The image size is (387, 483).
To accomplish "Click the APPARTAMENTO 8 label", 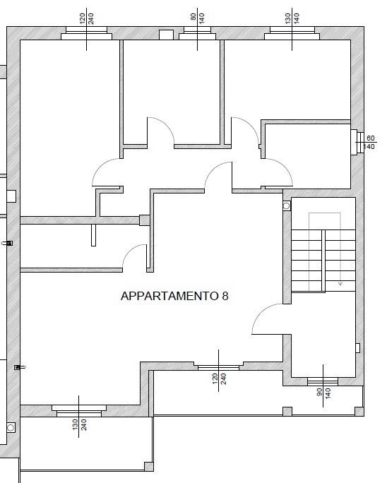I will [x=174, y=297].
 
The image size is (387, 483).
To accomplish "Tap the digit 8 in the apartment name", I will [x=225, y=297].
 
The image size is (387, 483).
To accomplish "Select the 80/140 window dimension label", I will [x=198, y=18].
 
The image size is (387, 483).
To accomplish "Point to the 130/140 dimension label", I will [x=292, y=18].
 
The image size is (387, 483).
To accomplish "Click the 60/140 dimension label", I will [x=369, y=143].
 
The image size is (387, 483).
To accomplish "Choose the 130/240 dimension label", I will [x=79, y=427].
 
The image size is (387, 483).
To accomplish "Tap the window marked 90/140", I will [x=323, y=382].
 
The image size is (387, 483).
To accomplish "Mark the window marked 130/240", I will [x=78, y=411].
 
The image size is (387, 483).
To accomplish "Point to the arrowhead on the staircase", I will [x=340, y=283].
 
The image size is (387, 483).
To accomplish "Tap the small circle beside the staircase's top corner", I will [x=287, y=206].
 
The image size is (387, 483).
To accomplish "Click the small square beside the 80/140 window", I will [x=167, y=35].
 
